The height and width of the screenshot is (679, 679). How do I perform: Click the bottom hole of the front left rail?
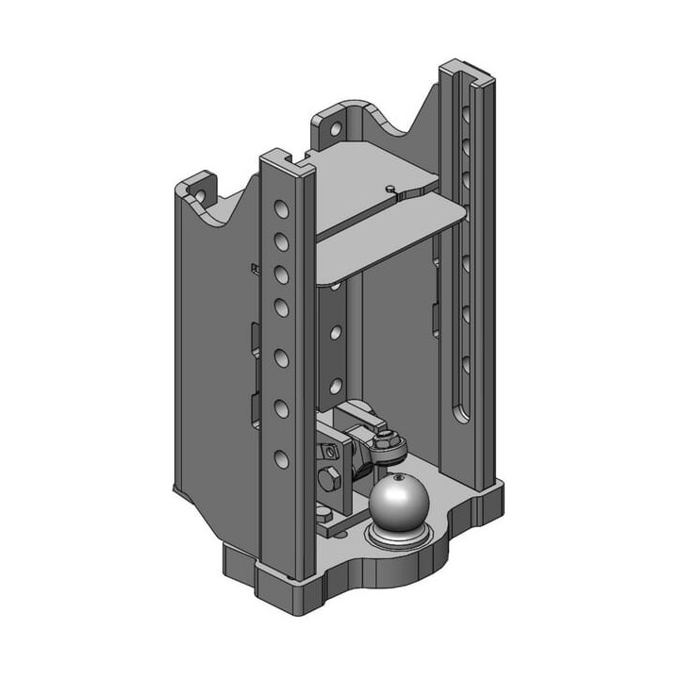pyautogui.click(x=282, y=459)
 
